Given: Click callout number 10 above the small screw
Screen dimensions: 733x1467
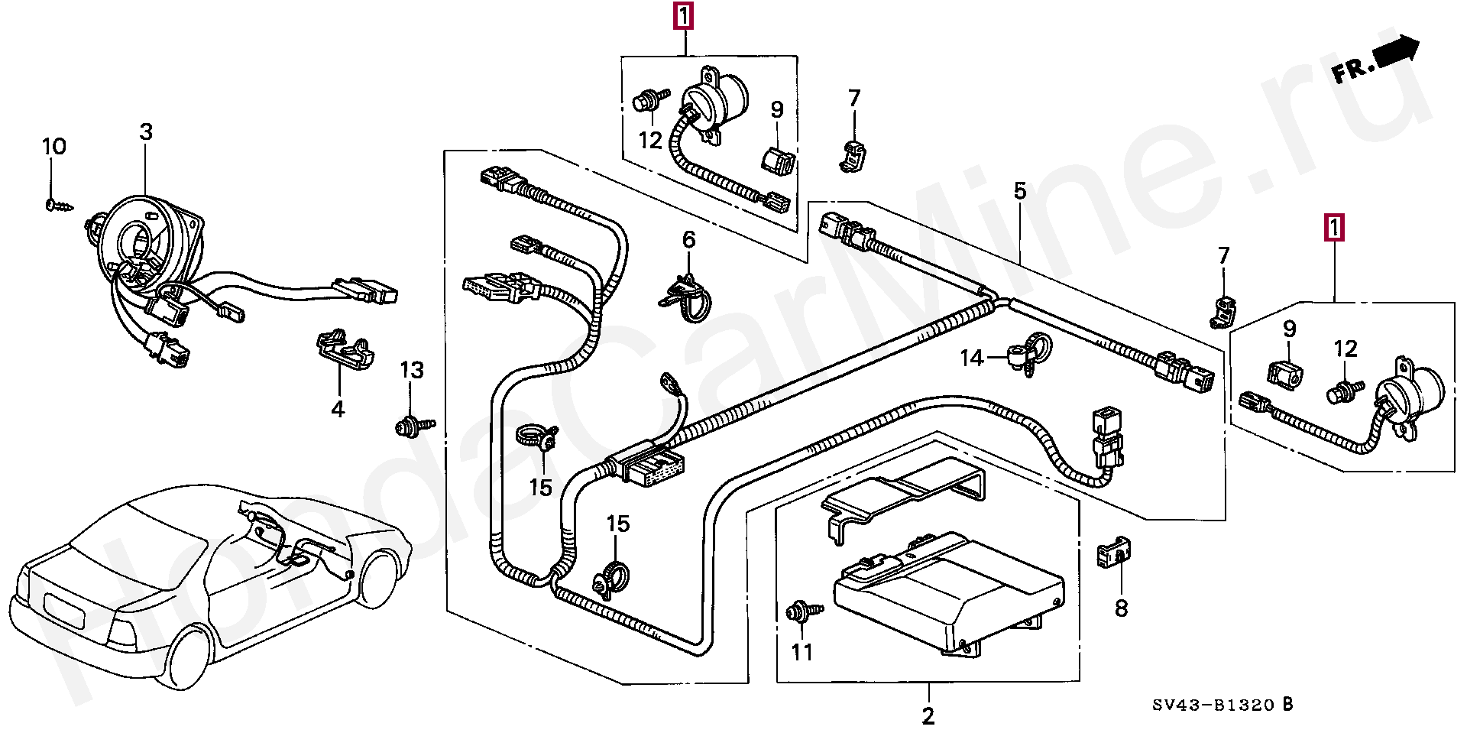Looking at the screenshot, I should click(53, 146).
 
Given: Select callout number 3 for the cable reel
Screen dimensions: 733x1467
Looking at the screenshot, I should click(146, 132).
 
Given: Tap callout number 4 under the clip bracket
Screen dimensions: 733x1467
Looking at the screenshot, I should click(338, 409).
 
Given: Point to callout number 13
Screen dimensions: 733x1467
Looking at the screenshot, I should click(411, 371).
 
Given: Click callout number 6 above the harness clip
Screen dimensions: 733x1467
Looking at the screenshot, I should click(688, 240).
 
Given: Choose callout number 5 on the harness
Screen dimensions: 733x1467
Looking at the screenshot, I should click(1019, 191).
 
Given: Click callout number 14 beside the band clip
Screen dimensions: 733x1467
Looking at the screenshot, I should click(971, 358).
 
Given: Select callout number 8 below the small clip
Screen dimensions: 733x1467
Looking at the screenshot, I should click(1121, 609).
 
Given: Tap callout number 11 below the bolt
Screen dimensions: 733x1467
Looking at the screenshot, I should click(802, 652).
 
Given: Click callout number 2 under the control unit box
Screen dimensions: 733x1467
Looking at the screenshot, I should click(928, 716).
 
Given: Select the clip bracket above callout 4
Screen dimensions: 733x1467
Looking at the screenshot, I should click(345, 347).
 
